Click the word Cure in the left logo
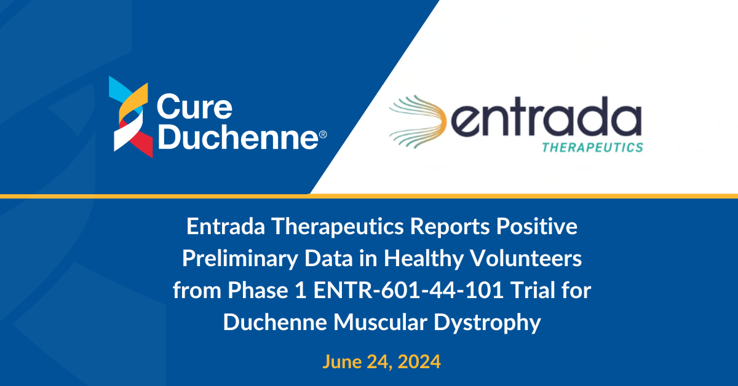click(194, 106)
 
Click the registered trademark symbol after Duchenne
click(323, 135)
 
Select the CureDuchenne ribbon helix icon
click(131, 117)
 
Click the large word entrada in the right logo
click(546, 117)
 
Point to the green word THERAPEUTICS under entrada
click(593, 148)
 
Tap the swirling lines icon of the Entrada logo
click(418, 122)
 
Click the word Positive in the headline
click(537, 227)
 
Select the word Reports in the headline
click(450, 227)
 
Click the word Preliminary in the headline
click(240, 259)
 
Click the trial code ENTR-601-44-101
click(408, 291)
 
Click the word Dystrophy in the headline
click(487, 323)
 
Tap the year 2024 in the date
click(419, 362)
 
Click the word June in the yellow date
click(342, 361)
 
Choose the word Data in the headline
click(329, 259)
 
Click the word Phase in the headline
click(258, 290)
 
